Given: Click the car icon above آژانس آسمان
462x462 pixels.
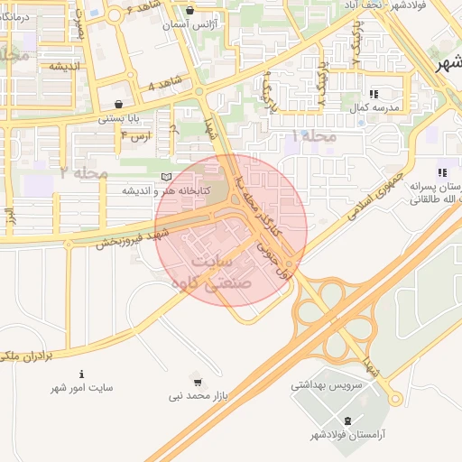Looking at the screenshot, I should [189, 12].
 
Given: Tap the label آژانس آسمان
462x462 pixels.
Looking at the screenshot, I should [190, 25].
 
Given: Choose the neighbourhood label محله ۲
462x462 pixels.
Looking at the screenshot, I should [84, 171].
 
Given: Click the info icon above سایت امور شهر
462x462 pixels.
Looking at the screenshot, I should [82, 374].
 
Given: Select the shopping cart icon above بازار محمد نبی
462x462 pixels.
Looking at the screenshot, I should [199, 383].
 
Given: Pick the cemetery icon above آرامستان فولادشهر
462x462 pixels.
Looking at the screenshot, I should [348, 421].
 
